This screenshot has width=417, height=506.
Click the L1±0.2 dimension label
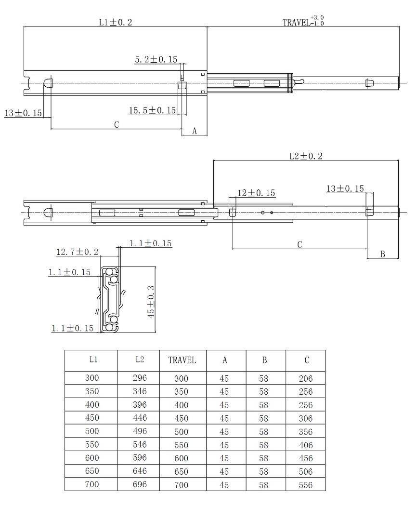pos(116,22)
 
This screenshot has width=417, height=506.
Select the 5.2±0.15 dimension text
pos(156,59)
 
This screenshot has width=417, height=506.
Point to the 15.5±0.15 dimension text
pos(152,110)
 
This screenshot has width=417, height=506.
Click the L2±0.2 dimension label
pos(306,156)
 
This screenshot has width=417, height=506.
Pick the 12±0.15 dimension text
pos(256,193)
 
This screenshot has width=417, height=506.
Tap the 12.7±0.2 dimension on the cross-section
pos(78,252)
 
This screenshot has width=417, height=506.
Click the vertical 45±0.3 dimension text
pos(151,302)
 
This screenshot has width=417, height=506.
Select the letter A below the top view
pos(195,131)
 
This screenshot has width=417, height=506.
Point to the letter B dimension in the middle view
pos(382,254)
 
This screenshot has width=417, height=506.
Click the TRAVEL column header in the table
pos(182,360)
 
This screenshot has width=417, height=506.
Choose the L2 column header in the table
pos(140,360)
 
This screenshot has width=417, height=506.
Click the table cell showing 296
pos(140,377)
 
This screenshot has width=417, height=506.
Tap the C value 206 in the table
pos(306,378)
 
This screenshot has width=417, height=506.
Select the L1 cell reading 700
pos(92,484)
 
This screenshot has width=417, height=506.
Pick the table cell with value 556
pos(306,485)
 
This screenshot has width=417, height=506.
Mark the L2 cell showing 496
pos(140,431)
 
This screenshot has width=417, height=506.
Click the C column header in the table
pos(307,360)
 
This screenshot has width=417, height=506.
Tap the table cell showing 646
pos(140,471)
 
